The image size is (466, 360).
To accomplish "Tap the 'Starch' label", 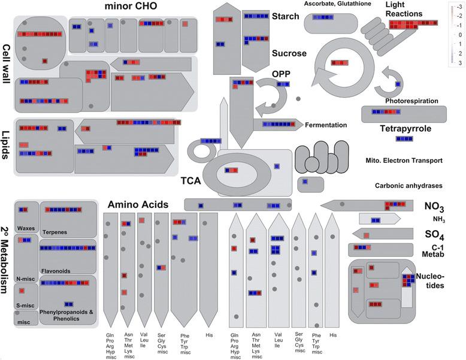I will pos(285,16).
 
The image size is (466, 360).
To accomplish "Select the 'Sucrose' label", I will pos(289,53).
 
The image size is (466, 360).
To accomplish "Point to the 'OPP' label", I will pos(281,73).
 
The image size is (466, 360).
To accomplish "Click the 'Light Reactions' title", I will pos(404,9).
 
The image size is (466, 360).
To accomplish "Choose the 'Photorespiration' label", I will pos(411,101).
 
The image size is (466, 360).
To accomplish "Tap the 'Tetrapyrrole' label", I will pos(405,128).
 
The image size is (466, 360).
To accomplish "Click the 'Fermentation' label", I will pos(326,125).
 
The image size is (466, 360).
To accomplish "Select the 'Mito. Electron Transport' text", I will pos(404,161).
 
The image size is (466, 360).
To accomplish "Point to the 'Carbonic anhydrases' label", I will pos(409,186).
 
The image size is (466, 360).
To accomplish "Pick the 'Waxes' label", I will pos(26,228).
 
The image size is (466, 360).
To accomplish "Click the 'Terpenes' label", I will pos(55,232).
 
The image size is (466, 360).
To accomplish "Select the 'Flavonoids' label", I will pos(55,271).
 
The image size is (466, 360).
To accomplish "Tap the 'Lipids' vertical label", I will pos(7,144).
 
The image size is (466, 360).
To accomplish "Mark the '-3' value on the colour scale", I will pos(459,8).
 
